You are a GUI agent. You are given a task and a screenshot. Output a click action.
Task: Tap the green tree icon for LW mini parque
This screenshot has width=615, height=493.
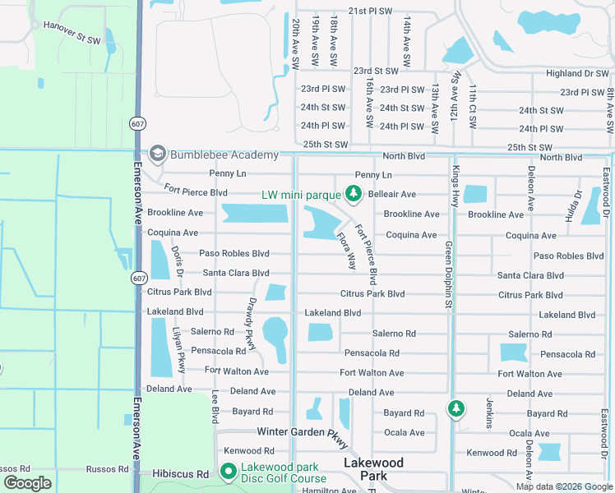354,194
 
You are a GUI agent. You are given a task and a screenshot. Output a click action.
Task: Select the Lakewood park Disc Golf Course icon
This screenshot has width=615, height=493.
228,472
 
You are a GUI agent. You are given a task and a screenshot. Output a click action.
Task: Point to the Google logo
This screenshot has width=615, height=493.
27,483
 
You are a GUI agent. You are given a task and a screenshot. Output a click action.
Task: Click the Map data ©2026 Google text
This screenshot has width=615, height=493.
563,486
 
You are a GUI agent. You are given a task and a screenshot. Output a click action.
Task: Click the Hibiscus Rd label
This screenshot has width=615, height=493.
181,474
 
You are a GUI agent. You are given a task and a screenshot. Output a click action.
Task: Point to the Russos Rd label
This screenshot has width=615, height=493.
107,469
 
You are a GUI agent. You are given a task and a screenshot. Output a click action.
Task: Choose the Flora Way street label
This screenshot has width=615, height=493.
346,251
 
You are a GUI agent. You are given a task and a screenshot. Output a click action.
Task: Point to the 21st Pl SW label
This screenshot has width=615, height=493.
371,12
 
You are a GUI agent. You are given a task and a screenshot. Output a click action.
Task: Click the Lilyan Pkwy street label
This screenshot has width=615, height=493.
178,348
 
